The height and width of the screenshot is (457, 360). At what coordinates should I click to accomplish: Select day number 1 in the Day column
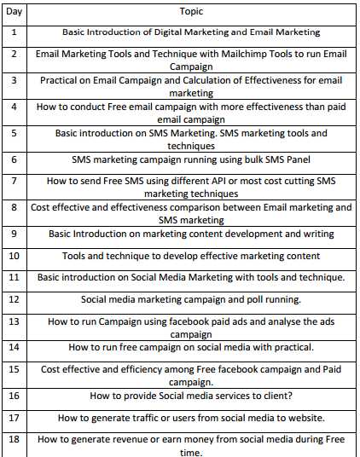13,32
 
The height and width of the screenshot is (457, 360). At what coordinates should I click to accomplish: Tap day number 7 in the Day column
13,182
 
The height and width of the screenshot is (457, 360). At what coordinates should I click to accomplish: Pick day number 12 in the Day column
14,298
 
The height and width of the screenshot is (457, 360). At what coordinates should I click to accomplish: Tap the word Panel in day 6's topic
296,159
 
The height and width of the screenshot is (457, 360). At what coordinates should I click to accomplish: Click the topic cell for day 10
191,256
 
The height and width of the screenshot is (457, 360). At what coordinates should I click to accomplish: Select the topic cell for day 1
191,32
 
